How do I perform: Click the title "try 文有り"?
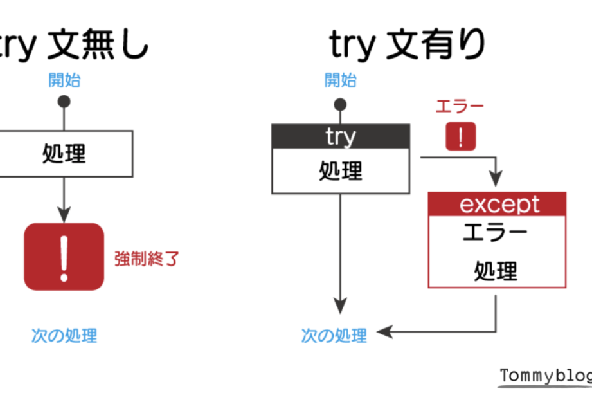[x=408, y=44]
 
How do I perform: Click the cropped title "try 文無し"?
[x=74, y=44]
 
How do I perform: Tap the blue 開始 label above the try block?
[x=340, y=80]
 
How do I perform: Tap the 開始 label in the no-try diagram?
[x=64, y=80]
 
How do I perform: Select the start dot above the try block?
[x=340, y=104]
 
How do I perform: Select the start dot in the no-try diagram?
[x=64, y=102]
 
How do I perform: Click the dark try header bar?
[x=340, y=136]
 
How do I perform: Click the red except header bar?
[x=497, y=204]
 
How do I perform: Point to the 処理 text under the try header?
[x=340, y=171]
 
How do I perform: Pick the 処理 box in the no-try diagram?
[x=64, y=154]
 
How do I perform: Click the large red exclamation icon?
[x=64, y=257]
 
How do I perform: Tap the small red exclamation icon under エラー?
[x=461, y=136]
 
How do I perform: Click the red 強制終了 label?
[x=147, y=259]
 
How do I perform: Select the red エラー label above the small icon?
[x=460, y=107]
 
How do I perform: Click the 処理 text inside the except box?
[x=495, y=271]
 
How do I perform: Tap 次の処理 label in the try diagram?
[x=334, y=335]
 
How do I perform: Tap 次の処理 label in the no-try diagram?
[x=64, y=335]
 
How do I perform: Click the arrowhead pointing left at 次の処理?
[x=383, y=332]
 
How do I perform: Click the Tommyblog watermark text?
[x=545, y=376]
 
